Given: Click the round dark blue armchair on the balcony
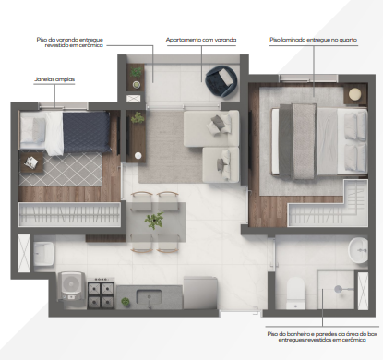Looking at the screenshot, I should (221, 82).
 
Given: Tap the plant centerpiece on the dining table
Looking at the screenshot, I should (154, 222).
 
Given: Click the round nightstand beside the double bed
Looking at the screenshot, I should (353, 95).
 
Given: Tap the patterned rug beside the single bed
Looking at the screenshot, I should (74, 169).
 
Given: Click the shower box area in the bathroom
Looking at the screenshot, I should (337, 291).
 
